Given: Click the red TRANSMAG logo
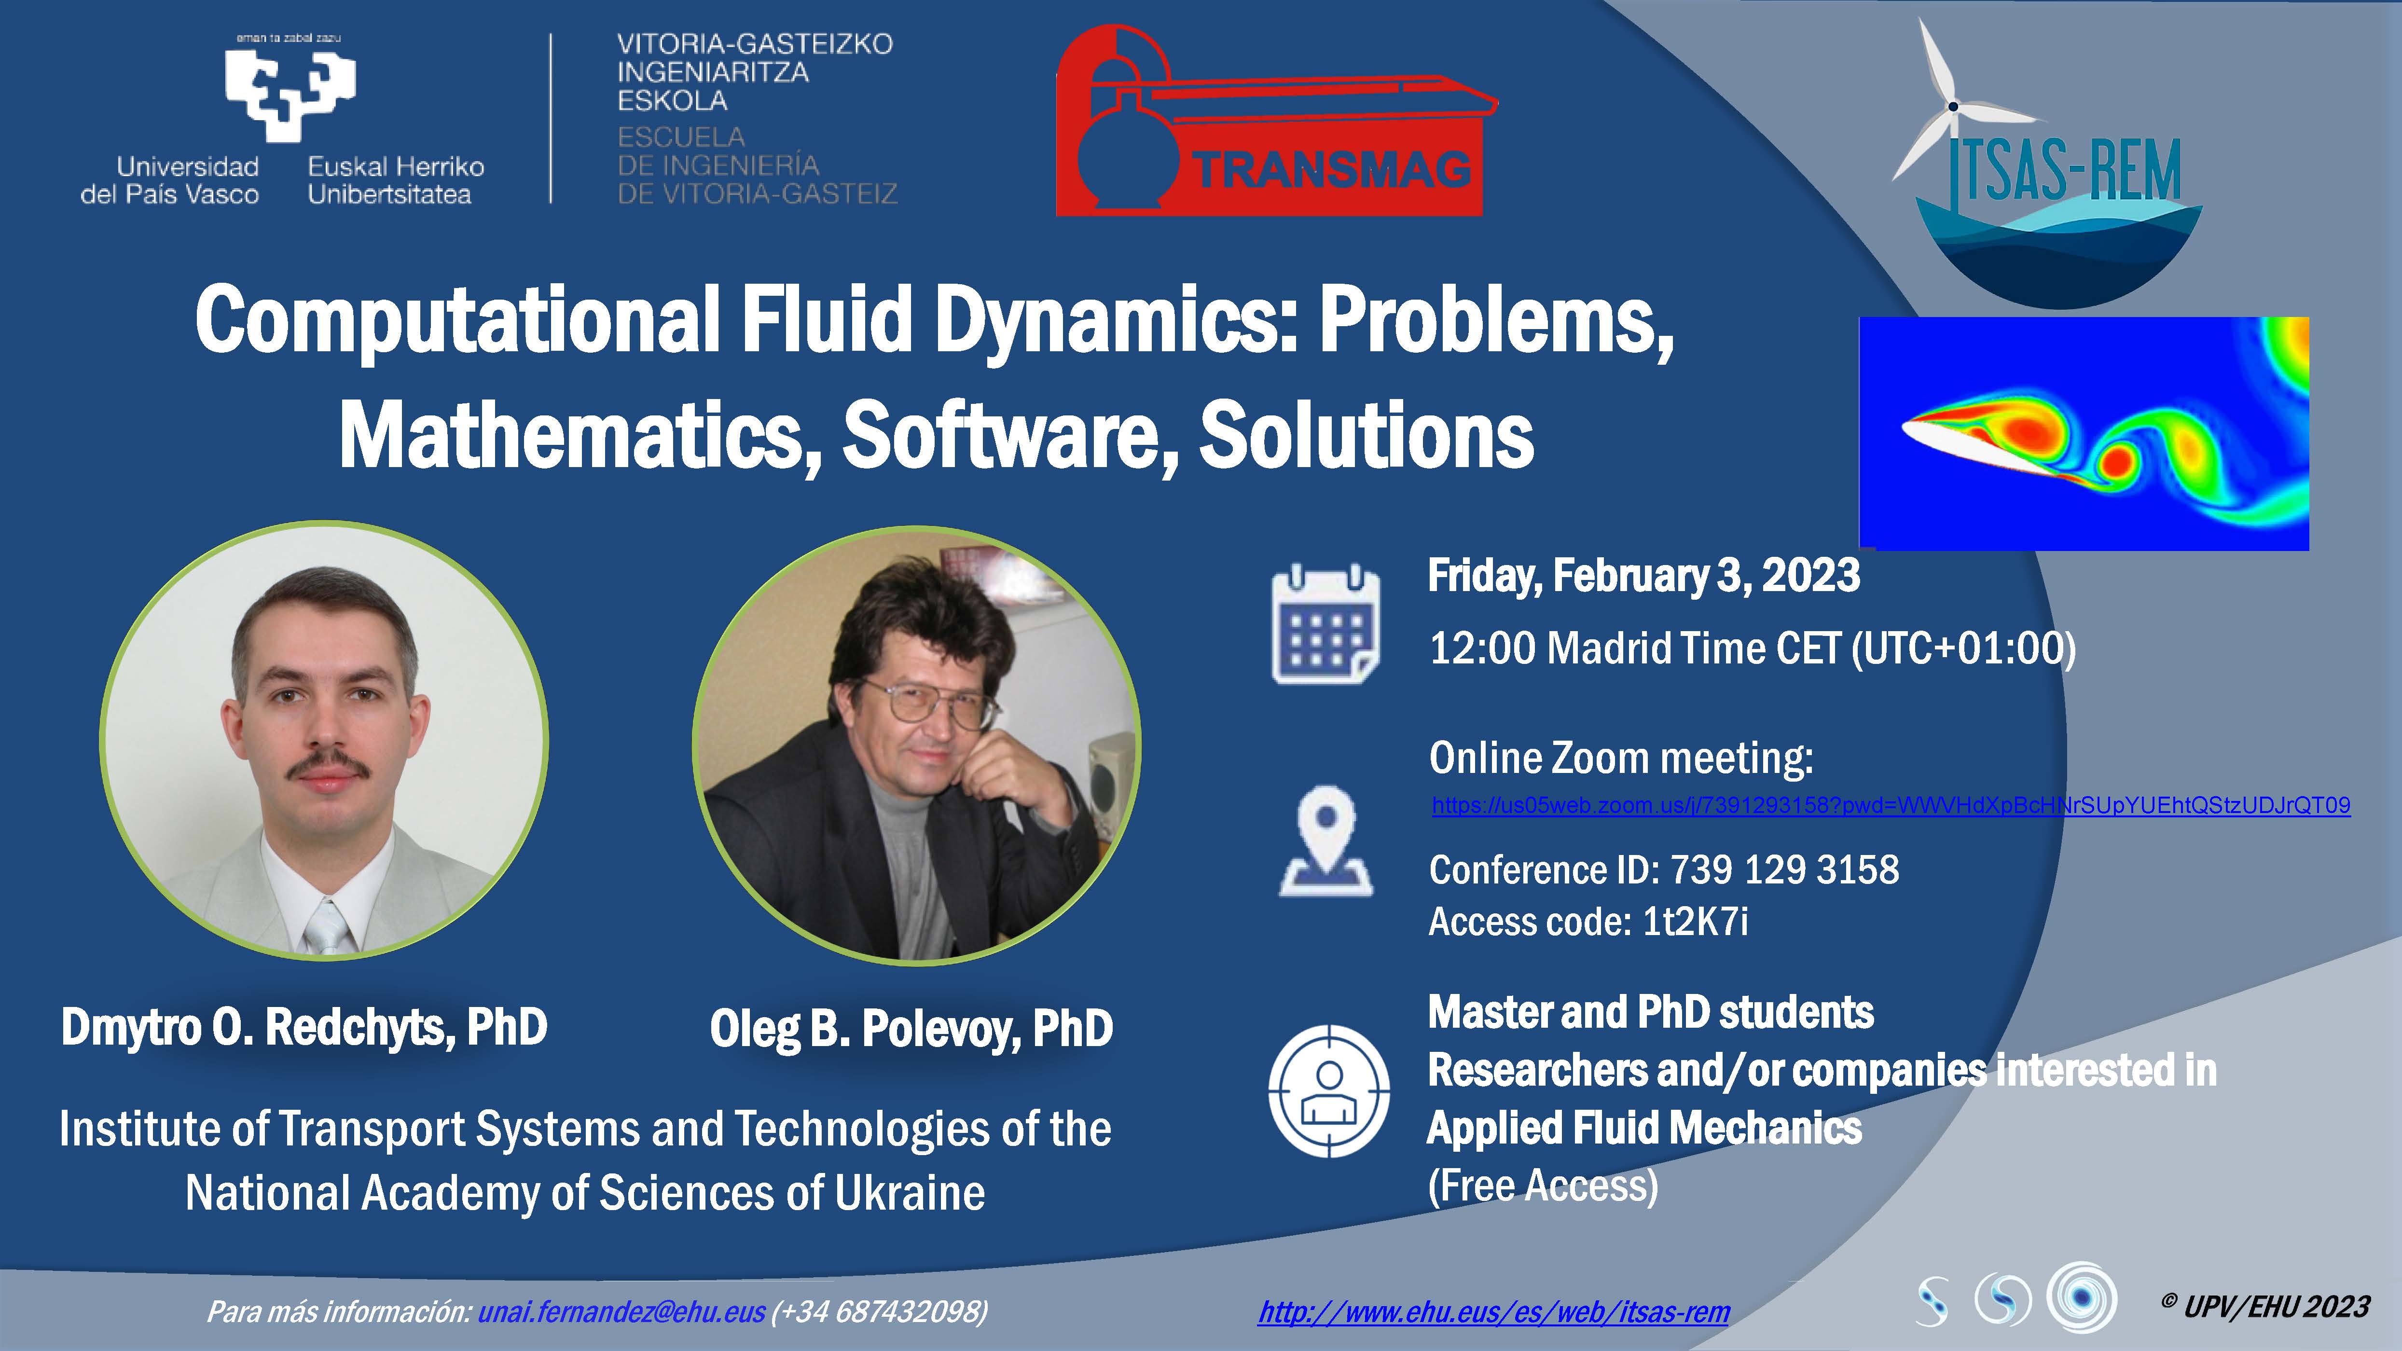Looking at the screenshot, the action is pyautogui.click(x=1276, y=121).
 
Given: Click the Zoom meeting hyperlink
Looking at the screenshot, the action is pyautogui.click(x=1891, y=806).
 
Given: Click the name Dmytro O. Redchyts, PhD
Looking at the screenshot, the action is pyautogui.click(x=304, y=1027).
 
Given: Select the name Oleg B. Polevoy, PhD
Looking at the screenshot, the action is pyautogui.click(x=911, y=1029).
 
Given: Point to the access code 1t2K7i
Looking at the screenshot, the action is pyautogui.click(x=1695, y=921).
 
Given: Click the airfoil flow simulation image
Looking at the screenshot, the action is pyautogui.click(x=2084, y=434).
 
